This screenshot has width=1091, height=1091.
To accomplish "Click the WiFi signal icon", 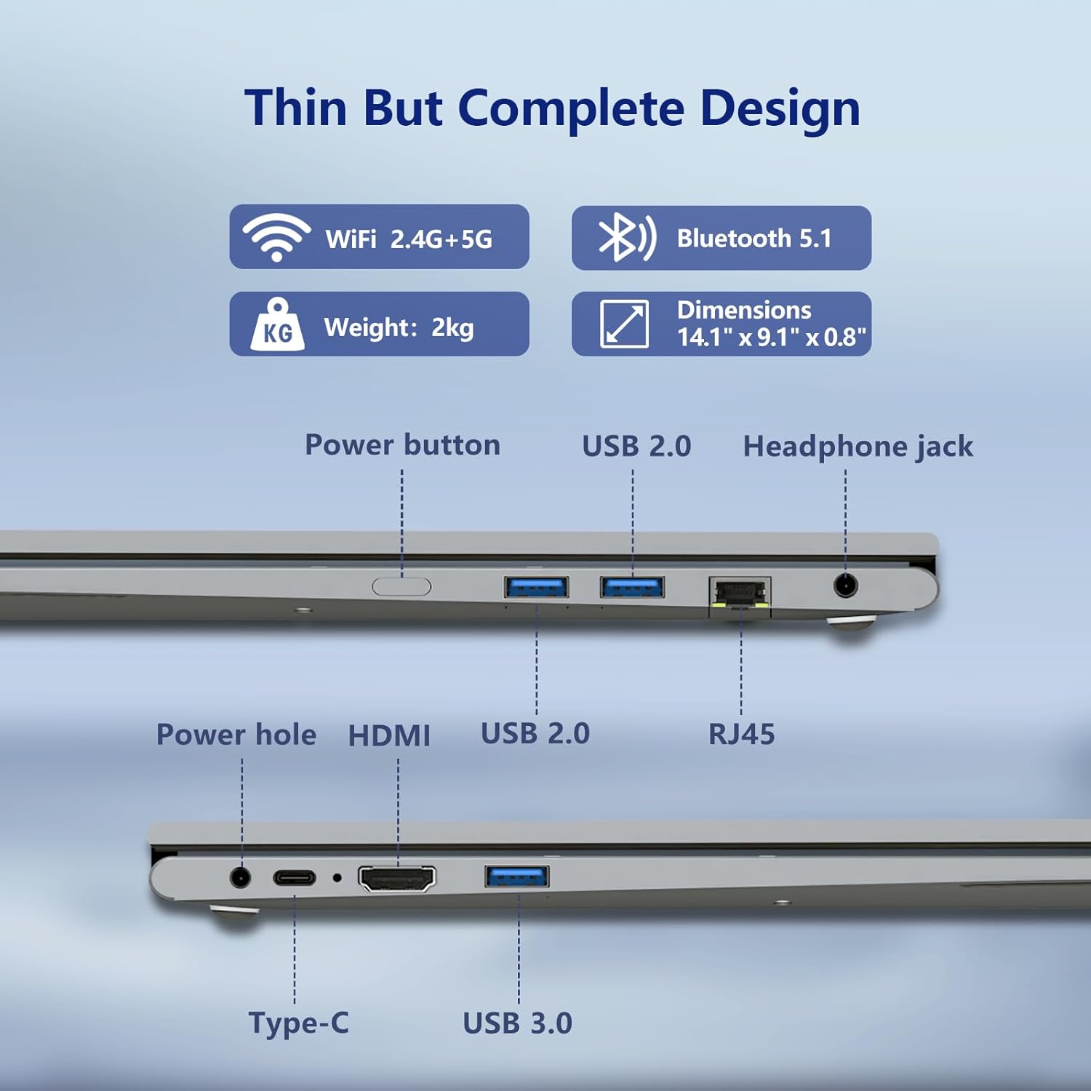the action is pos(276,237).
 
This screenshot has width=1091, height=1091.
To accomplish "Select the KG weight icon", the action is pos(277,324).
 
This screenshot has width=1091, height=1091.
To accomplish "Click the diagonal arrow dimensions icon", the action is pos(624,324).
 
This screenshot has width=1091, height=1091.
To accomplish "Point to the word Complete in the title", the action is pos(571,108).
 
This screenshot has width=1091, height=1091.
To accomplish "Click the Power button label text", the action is pos(402,444).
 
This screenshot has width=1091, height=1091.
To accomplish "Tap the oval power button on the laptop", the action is pos(401,586).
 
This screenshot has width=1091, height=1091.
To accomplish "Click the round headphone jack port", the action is pos(845,585).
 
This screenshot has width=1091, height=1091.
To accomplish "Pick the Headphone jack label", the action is pos(858,447).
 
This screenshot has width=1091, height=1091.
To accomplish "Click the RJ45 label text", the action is pos(741,734).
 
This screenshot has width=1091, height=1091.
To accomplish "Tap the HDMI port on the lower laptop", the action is pos(397,879).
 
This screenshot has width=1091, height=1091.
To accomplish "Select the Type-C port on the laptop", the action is pos(295,877).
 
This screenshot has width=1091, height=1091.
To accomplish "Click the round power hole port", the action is pos(240,877).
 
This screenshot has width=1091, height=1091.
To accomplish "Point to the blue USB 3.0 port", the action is pos(517,876).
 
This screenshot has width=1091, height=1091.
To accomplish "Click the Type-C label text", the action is pos(299,1023).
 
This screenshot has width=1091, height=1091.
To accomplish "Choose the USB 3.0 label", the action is pos(518,1023).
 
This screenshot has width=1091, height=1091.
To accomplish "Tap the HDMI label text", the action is pos(389,735).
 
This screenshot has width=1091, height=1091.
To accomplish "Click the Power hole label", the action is pos(236,735).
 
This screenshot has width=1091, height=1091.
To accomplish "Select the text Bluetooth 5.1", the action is pos(754,238).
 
